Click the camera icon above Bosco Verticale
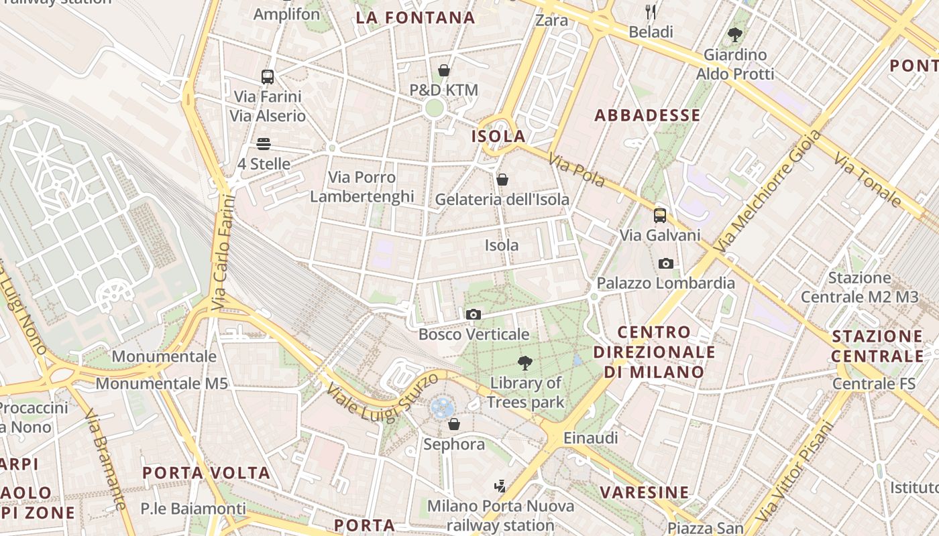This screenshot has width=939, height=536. pos(473,314)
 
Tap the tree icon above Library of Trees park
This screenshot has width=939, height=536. pos(525,364)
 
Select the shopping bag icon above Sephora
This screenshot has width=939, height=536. pos(454,424)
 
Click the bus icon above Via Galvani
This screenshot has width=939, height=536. pos(660,215)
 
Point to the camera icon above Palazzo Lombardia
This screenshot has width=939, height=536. pos(666,263)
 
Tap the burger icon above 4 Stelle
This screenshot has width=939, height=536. pos(263,144)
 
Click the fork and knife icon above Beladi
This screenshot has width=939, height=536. pos(650,11)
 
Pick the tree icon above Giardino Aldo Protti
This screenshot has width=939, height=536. pos(735,34)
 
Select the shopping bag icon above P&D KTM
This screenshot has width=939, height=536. pos(443,70)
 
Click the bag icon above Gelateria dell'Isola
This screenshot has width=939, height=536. pos(502,180)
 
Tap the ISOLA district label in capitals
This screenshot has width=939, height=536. pos(498,136)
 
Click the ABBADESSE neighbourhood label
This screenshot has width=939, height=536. pos(647,115)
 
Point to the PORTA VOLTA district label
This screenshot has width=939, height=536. pos(207,473)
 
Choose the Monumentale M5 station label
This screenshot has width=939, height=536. pos(162,384)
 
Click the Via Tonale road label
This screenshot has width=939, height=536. pos(869,179)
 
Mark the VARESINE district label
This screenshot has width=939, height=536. pos(644,492)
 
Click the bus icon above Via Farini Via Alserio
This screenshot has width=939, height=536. pos(268,76)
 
